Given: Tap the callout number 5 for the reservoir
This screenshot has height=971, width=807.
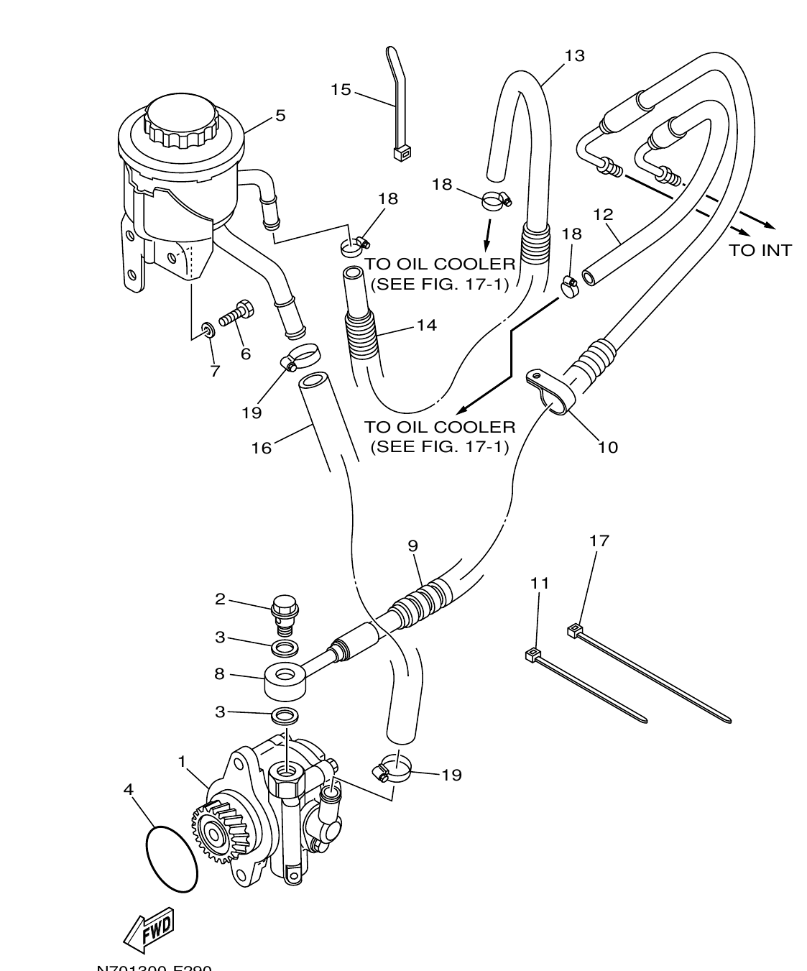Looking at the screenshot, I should click(x=280, y=115).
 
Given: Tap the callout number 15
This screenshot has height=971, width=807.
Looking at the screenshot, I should click(x=341, y=90).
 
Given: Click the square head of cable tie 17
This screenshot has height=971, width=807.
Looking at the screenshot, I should click(x=574, y=631).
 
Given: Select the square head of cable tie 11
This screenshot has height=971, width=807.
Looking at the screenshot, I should click(x=532, y=654).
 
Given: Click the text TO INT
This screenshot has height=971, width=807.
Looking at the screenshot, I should click(x=760, y=250).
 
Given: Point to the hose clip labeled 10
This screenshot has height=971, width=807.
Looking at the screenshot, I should click(x=550, y=392).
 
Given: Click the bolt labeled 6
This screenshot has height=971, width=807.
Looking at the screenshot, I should click(x=237, y=313).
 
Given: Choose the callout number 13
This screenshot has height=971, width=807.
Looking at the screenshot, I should click(x=574, y=55).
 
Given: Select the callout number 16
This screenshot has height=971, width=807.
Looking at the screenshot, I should click(x=261, y=448).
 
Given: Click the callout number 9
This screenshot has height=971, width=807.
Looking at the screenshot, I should click(x=412, y=546).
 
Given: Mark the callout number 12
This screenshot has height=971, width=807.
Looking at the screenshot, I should click(x=603, y=214).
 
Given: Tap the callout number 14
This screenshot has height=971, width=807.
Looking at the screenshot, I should click(x=426, y=325).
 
